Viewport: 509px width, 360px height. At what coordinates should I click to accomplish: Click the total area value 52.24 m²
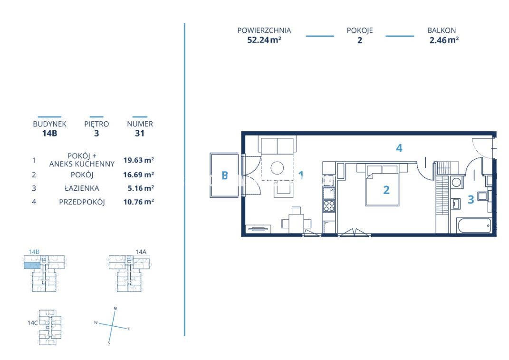point(264,40)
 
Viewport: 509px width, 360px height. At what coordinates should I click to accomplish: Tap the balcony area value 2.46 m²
point(444,40)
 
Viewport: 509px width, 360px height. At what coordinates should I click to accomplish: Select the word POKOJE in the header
point(360,30)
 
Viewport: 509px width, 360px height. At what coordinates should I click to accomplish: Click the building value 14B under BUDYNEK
point(50,133)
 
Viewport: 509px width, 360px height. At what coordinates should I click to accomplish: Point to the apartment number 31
point(140,133)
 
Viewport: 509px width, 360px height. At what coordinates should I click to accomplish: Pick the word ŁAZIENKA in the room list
point(82,188)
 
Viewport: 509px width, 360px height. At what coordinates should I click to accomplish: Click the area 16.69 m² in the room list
point(138,175)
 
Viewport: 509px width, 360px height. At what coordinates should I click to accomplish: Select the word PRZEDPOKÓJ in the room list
point(82,202)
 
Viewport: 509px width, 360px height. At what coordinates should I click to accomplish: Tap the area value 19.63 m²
point(138,160)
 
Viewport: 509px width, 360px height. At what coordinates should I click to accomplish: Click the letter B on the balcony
point(225,175)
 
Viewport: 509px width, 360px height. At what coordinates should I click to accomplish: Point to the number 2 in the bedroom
point(386,190)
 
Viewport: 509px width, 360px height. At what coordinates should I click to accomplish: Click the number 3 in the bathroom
point(471,199)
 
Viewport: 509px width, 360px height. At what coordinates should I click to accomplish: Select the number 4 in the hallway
point(399,148)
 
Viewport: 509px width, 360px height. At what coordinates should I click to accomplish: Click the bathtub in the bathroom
point(474,225)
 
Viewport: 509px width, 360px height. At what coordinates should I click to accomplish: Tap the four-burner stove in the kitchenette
point(329,206)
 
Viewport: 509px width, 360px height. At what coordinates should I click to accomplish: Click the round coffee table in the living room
point(277,168)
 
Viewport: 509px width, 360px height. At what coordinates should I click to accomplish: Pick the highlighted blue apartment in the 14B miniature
point(32,265)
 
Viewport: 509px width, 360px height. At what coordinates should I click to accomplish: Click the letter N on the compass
point(115,308)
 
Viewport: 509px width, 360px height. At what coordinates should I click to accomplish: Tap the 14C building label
point(33,323)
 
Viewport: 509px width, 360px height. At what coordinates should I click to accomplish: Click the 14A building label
point(141,252)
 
